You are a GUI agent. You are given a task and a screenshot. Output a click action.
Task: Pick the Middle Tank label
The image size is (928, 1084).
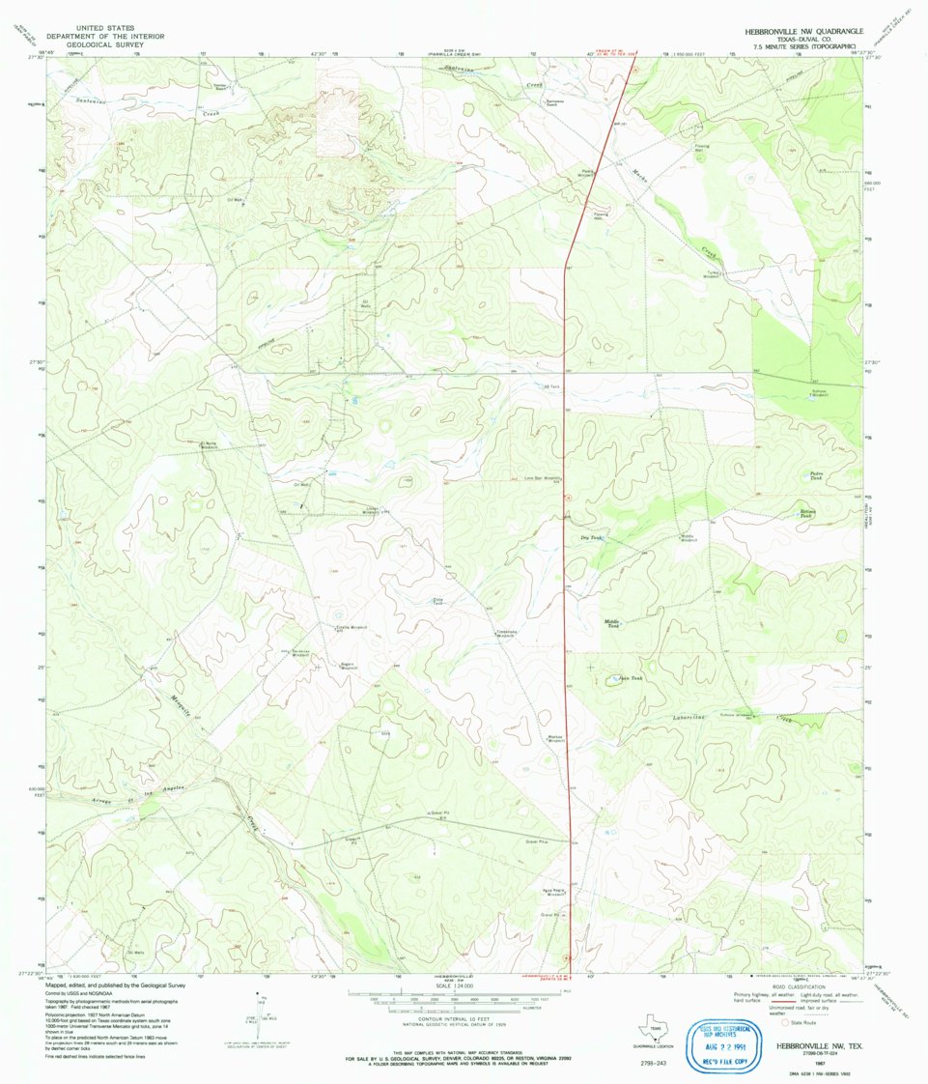point(612,624)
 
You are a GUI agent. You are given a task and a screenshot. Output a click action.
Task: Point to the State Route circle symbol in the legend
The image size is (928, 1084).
point(784,1021)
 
